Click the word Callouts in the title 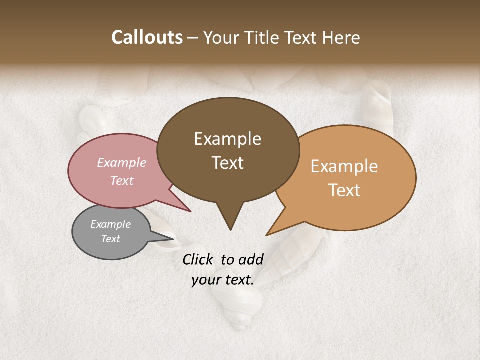click(x=147, y=37)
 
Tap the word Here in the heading click(x=341, y=37)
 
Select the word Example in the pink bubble click(x=122, y=162)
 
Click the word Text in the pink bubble click(x=122, y=180)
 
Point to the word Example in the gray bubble click(x=110, y=224)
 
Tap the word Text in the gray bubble click(x=110, y=239)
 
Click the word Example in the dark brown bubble click(x=227, y=139)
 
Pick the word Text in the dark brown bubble click(x=228, y=163)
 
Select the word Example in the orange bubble click(x=344, y=166)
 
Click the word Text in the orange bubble click(x=345, y=190)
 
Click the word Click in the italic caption click(x=198, y=259)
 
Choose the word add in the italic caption click(x=250, y=259)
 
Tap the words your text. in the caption click(x=223, y=280)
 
